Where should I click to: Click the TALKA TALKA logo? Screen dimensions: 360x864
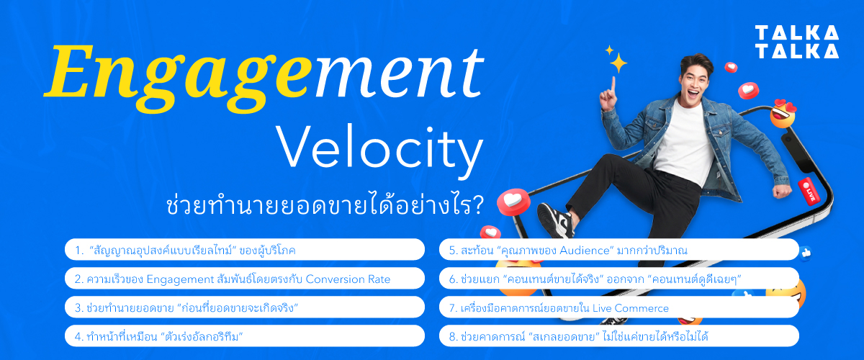click(x=796, y=42)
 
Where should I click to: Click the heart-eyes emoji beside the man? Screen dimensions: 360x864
click(x=783, y=114)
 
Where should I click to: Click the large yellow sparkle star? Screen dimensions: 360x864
click(x=617, y=63)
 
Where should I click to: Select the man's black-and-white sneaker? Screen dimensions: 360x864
click(x=555, y=219)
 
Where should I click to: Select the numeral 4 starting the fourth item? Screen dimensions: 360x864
click(x=77, y=336)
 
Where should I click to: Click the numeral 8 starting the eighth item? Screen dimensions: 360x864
click(x=451, y=336)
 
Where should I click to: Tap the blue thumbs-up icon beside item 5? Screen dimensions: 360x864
click(x=804, y=251)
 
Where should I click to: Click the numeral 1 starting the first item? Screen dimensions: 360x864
click(x=77, y=250)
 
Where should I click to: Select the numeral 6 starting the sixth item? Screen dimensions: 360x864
click(x=451, y=279)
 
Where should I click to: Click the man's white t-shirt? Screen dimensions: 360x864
click(x=680, y=144)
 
